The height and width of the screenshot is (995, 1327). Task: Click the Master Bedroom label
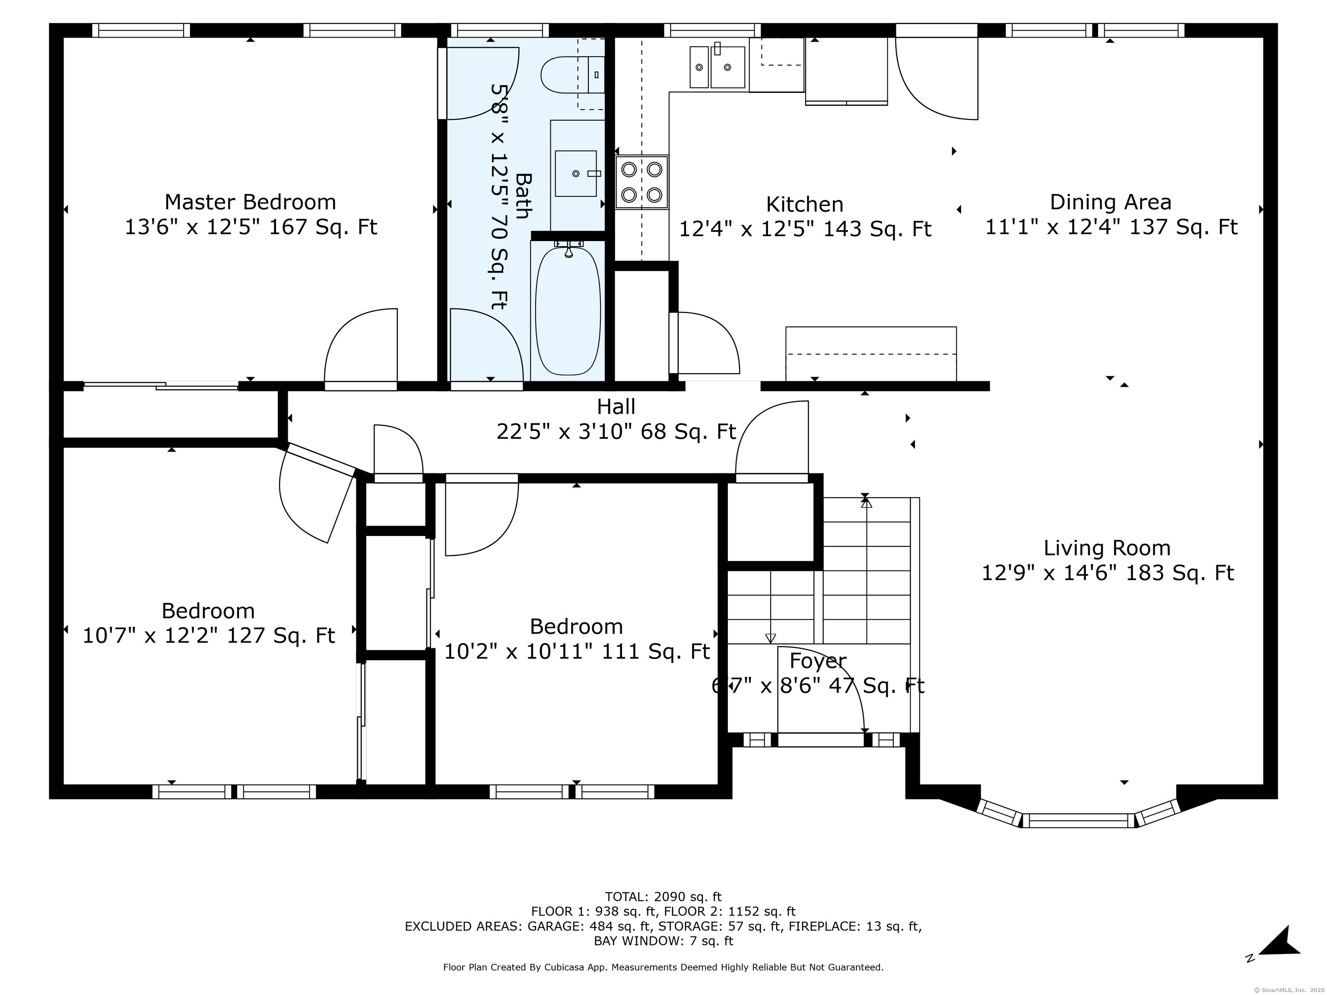(250, 202)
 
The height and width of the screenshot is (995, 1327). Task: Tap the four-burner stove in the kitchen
(641, 182)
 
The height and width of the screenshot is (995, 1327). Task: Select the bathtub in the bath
(568, 311)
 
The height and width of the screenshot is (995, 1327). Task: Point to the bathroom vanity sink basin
(575, 173)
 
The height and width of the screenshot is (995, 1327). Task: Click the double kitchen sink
(717, 67)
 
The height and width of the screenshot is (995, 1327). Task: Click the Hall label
(616, 407)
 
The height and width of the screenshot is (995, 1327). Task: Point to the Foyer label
(818, 660)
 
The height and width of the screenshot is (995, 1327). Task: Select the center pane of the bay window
(1079, 821)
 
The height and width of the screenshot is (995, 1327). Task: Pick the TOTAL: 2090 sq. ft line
(663, 897)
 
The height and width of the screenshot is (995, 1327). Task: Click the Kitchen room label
(804, 205)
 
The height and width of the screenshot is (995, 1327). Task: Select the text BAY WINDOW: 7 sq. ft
(663, 941)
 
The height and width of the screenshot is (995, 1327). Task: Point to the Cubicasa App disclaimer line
(663, 967)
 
